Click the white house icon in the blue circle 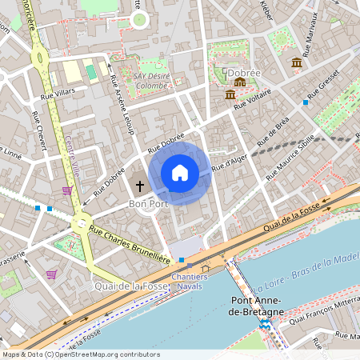[x=180, y=173]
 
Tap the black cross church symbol [x=139, y=186]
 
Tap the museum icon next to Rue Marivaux [x=297, y=62]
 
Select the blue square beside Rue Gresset [x=306, y=102]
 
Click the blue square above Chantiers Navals [x=182, y=260]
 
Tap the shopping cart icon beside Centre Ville [x=66, y=190]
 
